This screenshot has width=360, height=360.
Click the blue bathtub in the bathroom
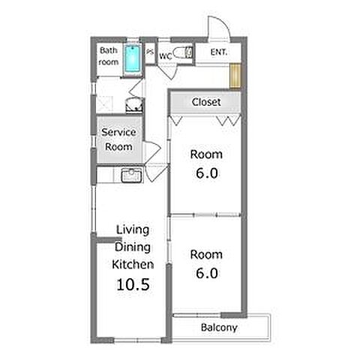[133, 58]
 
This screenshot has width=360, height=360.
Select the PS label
[150, 52]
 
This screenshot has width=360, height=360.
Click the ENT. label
[219, 52]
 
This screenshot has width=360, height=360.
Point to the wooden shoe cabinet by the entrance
[235, 76]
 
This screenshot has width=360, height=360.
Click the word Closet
[206, 102]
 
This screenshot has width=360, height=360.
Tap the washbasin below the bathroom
[135, 105]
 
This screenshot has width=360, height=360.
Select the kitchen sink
[131, 175]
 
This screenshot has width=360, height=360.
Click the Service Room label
[118, 139]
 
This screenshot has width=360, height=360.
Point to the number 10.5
[133, 284]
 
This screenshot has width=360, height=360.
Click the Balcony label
[219, 328]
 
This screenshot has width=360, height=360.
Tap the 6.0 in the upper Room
[207, 173]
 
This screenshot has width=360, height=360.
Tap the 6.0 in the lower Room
[207, 273]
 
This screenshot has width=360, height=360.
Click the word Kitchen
[133, 265]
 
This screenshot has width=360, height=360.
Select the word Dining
[133, 247]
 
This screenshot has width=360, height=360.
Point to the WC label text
[166, 56]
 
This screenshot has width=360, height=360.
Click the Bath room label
[109, 56]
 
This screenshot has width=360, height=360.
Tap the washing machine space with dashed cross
[104, 104]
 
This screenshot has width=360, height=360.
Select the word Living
[133, 229]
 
